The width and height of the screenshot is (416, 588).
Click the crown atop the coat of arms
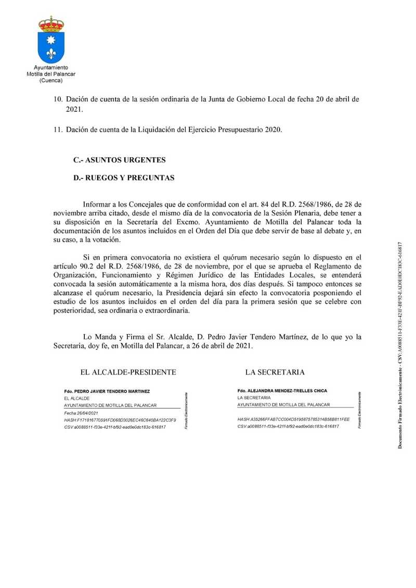point(51,23)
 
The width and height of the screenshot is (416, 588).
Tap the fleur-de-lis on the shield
point(51,53)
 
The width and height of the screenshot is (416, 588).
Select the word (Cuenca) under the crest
point(51,81)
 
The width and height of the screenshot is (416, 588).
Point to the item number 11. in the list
point(59,130)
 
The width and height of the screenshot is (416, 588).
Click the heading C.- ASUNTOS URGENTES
point(120,159)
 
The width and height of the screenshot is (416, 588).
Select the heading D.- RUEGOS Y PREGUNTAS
point(124,178)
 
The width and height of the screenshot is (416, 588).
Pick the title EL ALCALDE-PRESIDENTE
point(128,372)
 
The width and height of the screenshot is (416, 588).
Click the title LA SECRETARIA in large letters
point(275,372)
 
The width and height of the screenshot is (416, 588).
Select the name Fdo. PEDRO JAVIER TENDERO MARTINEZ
point(107,390)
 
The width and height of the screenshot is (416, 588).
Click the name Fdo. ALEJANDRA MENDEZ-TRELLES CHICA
point(282,390)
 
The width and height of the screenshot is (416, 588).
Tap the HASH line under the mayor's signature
point(120,419)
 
